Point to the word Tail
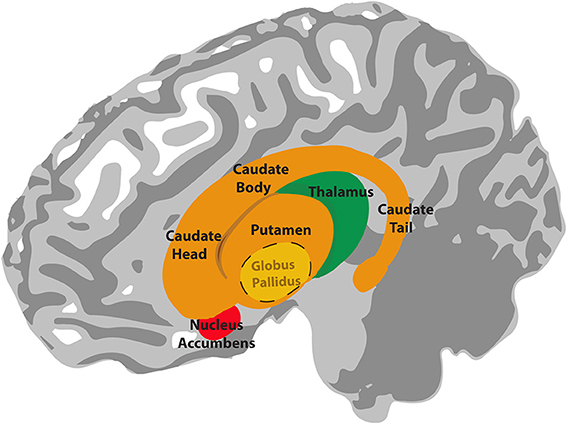click(403, 228)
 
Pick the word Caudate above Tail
click(405, 210)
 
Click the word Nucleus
click(216, 326)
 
